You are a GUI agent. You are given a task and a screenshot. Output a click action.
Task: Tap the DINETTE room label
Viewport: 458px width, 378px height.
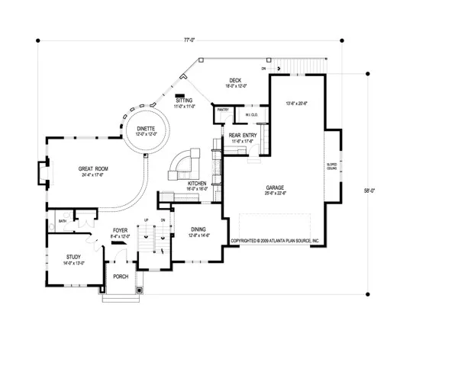pos(146,129)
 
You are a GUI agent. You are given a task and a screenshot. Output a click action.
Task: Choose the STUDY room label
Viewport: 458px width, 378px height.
pos(73,257)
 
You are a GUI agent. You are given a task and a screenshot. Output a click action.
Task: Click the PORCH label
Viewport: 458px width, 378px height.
pos(121,277)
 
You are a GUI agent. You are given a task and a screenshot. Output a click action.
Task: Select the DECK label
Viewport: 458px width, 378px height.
pos(234,81)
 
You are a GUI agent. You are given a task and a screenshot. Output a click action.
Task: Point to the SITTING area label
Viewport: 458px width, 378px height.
pos(185,101)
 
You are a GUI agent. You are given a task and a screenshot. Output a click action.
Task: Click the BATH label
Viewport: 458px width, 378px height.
pos(62,223)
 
